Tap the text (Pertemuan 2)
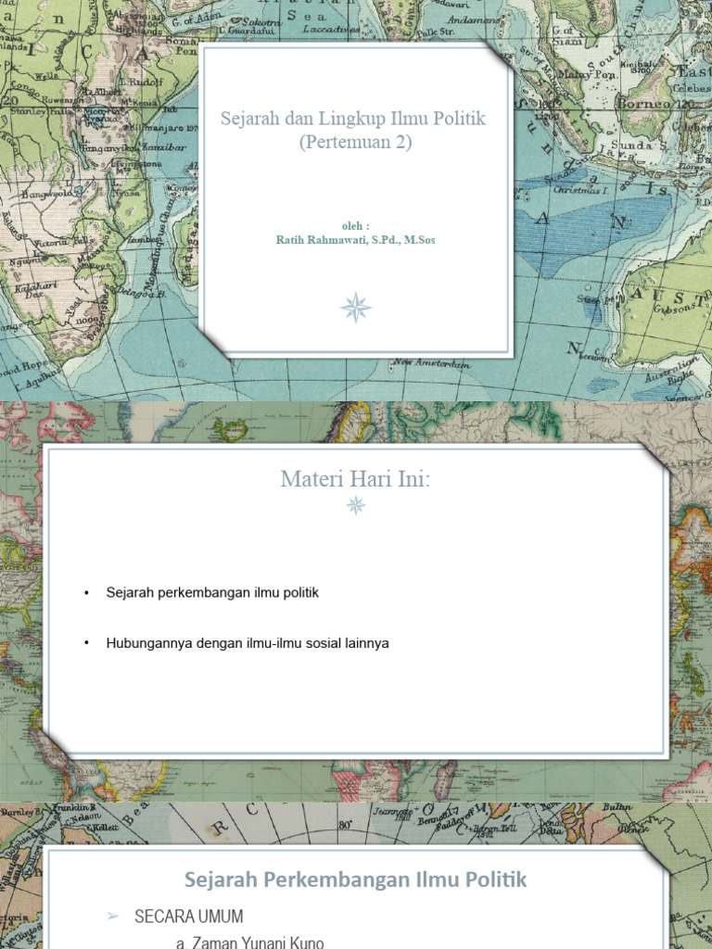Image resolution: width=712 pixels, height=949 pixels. (x=355, y=143)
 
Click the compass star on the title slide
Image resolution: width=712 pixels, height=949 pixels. (x=355, y=307)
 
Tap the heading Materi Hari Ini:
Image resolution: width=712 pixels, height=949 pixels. (x=355, y=480)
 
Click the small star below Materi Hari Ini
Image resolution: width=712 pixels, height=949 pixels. (x=355, y=504)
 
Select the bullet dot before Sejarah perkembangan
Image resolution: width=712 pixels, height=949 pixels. (x=85, y=593)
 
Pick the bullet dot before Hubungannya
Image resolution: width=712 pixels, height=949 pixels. (x=85, y=643)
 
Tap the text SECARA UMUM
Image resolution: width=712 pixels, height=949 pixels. (x=189, y=917)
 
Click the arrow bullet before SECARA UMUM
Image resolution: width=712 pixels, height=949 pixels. (x=113, y=917)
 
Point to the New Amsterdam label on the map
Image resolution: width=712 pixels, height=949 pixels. (x=430, y=364)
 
